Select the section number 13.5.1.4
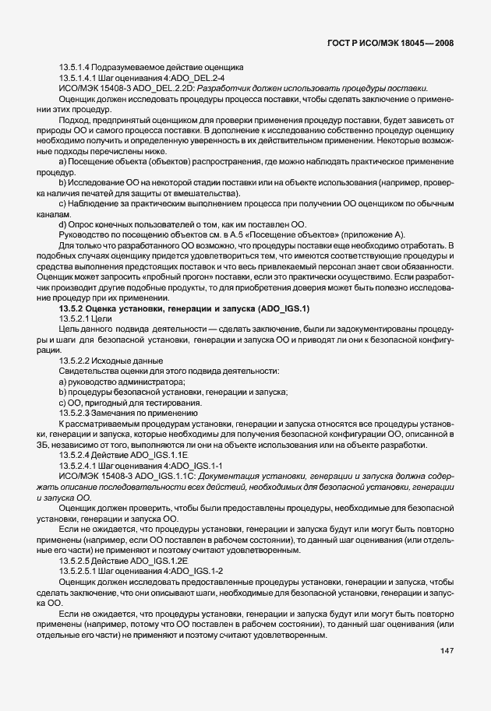(76, 68)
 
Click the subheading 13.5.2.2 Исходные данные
(111, 360)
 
